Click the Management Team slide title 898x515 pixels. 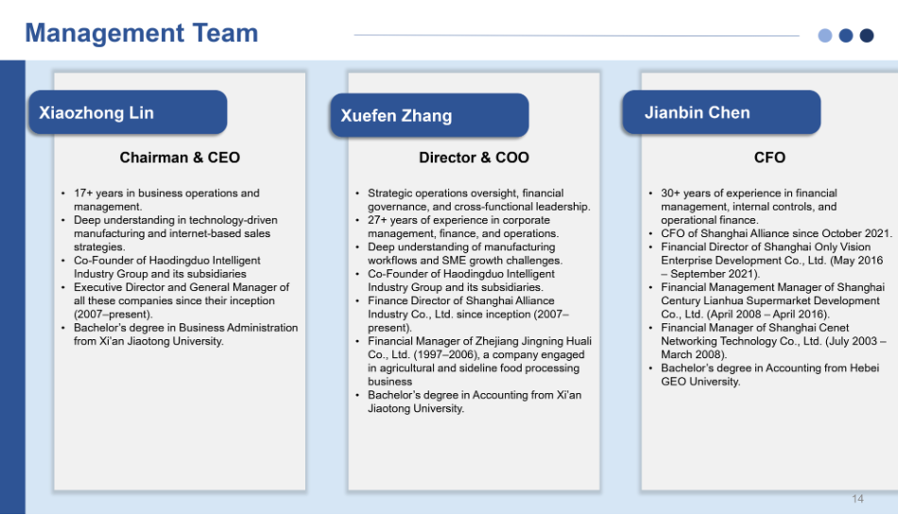pos(142,33)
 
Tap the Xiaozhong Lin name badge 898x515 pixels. pos(128,112)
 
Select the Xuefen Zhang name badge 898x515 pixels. pos(429,115)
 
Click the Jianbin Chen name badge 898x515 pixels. pos(721,112)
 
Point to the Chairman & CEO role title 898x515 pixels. pos(180,158)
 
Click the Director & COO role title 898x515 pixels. pos(474,158)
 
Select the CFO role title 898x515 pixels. pos(769,158)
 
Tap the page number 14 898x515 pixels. pos(857,499)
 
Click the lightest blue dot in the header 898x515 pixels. pos(824,36)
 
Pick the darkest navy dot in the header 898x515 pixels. pos(867,36)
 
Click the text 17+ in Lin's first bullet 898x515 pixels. pos(83,194)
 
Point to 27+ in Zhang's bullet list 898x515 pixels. pos(377,220)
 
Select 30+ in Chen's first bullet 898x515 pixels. pos(670,194)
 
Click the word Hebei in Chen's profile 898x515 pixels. pos(864,368)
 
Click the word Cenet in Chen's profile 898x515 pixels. pos(834,328)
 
